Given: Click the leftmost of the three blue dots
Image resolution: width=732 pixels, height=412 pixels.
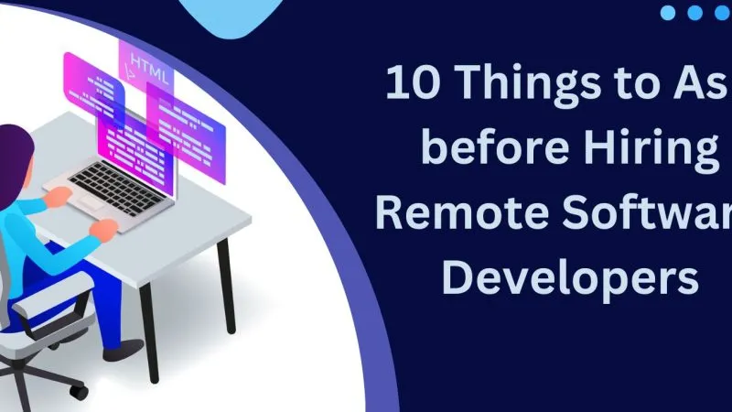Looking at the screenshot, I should [668, 13].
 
